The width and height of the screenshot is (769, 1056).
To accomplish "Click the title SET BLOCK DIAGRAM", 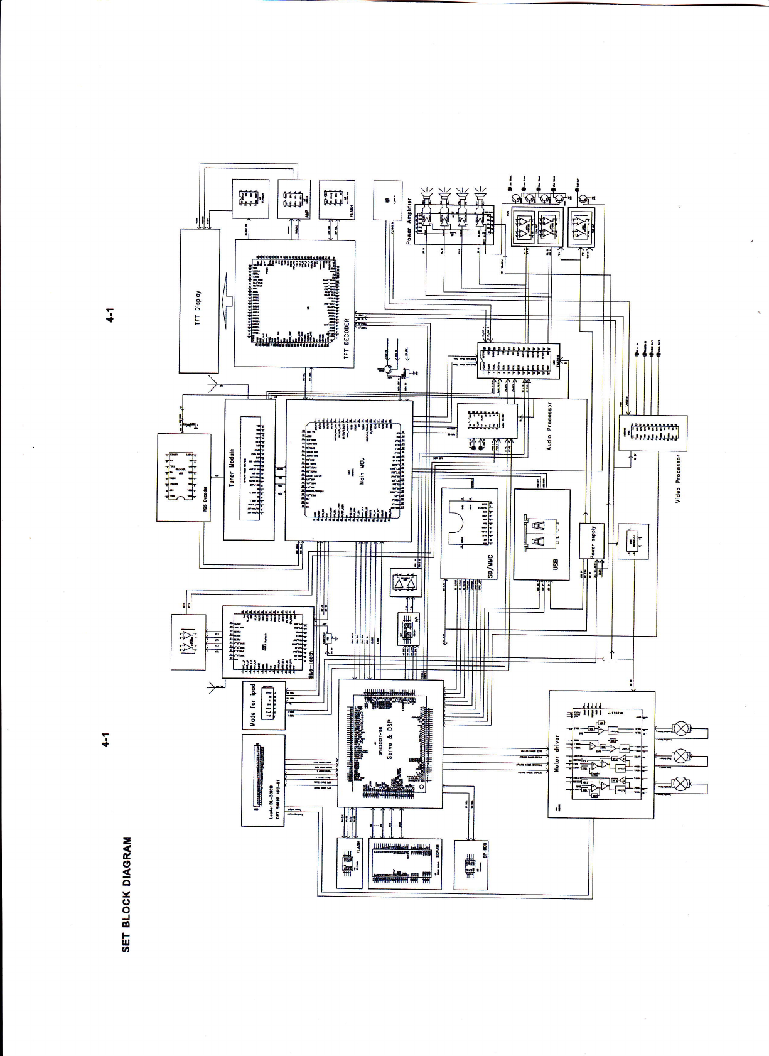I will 126,894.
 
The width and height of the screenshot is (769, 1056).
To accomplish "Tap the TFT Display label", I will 198,308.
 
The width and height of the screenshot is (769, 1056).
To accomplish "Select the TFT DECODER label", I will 347,338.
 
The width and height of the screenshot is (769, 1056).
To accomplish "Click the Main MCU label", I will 362,470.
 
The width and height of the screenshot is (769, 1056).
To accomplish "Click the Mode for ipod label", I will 253,704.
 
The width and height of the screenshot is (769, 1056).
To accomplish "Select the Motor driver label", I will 556,753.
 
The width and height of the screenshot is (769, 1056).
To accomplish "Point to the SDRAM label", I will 438,851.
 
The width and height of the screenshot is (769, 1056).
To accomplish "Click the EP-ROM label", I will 485,850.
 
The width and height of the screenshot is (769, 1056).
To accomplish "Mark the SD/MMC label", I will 491,566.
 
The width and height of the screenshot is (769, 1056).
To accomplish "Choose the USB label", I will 556,565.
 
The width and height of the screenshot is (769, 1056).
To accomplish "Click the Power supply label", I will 593,541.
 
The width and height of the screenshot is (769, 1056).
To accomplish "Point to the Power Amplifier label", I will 409,220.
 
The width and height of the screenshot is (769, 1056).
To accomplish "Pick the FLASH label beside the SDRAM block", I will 359,848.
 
